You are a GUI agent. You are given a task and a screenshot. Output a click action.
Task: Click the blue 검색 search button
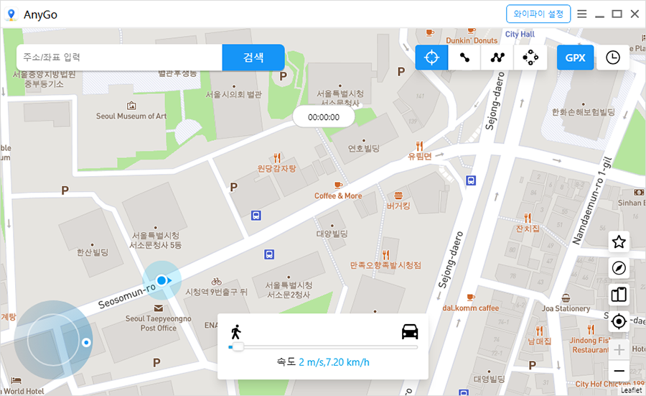[253, 57]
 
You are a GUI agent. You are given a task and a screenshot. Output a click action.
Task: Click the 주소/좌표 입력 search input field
[119, 57]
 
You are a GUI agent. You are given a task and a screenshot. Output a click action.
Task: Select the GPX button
[575, 57]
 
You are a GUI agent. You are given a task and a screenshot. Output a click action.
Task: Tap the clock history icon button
[612, 57]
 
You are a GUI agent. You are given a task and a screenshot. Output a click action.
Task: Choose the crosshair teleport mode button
[431, 57]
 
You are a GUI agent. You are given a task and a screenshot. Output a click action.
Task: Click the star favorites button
[619, 242]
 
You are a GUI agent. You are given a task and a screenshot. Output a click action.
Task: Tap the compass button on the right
[619, 268]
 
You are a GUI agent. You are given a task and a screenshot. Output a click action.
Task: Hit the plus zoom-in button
[619, 350]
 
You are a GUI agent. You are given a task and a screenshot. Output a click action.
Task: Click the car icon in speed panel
[410, 332]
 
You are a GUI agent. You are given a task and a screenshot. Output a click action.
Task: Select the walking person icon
[235, 332]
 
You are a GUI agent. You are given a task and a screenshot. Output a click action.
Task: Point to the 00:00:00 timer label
[323, 116]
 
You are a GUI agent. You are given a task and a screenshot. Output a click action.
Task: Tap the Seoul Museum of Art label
[131, 116]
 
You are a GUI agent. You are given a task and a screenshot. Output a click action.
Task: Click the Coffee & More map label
[338, 195]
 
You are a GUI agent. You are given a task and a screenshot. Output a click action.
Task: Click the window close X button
[635, 14]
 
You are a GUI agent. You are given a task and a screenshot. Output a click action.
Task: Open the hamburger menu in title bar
[582, 14]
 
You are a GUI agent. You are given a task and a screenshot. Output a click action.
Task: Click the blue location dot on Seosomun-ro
[162, 280]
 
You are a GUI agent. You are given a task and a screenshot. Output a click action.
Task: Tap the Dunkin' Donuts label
[472, 41]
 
